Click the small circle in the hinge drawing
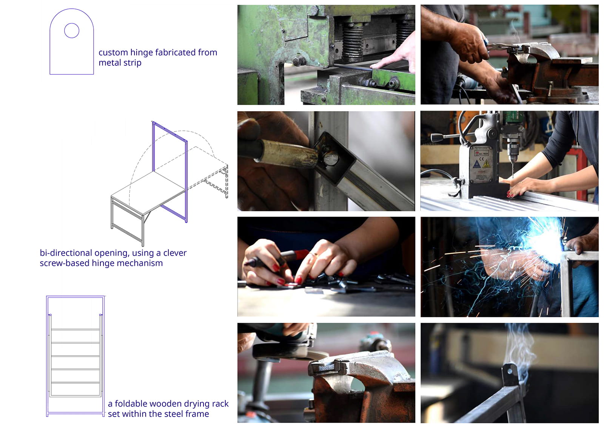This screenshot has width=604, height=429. pyautogui.click(x=72, y=31)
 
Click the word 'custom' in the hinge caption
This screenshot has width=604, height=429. pyautogui.click(x=113, y=53)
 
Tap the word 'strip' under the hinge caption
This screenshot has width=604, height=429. pyautogui.click(x=132, y=63)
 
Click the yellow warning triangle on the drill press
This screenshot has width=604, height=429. pyautogui.click(x=486, y=164)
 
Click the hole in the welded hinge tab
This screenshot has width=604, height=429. pyautogui.click(x=510, y=372)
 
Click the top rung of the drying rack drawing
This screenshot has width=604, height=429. pyautogui.click(x=75, y=330)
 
